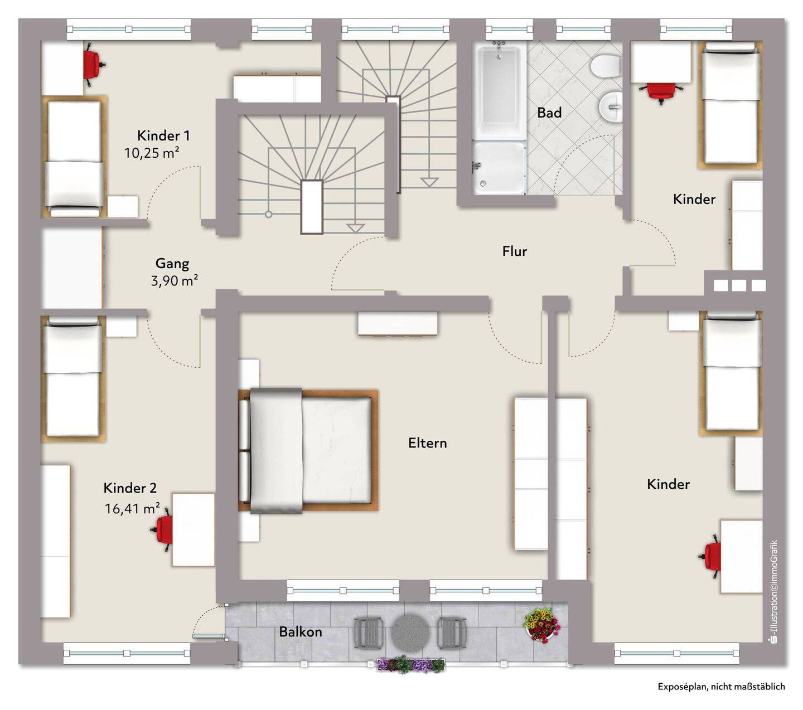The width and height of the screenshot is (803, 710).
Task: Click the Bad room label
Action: tap(549, 113)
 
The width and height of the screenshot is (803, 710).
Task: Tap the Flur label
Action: tap(515, 251)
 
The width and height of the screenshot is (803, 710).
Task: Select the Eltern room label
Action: tap(427, 442)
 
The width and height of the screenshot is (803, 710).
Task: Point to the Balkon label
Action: tap(301, 631)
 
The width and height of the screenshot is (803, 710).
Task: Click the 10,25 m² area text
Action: tap(152, 153)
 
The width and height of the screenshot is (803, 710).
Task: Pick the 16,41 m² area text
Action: tap(132, 508)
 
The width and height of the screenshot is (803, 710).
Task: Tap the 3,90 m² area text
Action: tap(175, 280)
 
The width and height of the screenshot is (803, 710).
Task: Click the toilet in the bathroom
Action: tap(605, 66)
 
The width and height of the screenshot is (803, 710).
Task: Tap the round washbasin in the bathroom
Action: tap(611, 106)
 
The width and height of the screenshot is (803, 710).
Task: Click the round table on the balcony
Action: tap(410, 632)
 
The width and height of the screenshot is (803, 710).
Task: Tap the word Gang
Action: tap(172, 264)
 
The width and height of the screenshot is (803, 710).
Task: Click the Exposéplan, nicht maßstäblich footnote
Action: tap(722, 686)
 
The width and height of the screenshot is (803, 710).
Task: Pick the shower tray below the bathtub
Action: tap(499, 168)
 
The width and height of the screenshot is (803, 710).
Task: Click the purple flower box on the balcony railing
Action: tap(410, 664)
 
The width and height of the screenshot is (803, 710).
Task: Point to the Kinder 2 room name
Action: tap(130, 488)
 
